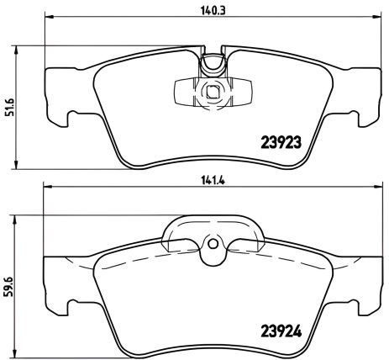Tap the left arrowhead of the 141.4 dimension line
click(46, 189)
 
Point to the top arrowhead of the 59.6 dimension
click(22, 217)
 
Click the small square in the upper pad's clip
click(212, 93)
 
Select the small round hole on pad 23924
click(212, 246)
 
